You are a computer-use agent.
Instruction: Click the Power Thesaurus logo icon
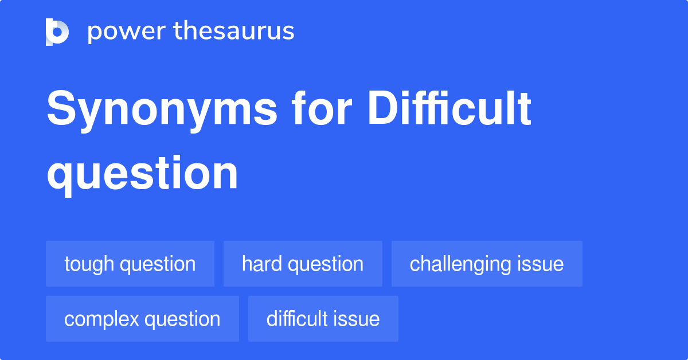(57, 32)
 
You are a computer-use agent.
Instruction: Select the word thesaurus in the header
(234, 32)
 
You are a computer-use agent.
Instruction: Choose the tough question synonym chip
(130, 264)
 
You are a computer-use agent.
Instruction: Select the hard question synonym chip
(303, 264)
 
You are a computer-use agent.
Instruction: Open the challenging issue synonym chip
(487, 264)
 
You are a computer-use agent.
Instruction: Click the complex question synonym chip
(142, 319)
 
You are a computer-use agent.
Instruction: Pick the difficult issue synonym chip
(323, 319)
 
